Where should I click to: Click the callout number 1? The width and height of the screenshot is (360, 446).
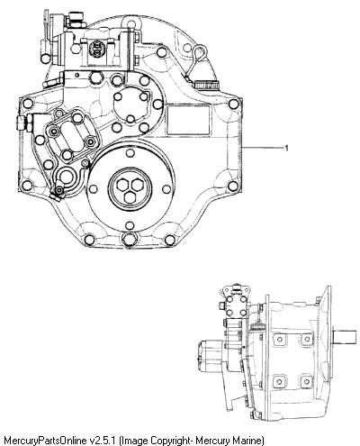pos(286,148)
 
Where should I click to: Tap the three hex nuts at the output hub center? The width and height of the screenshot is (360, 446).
pos(130,189)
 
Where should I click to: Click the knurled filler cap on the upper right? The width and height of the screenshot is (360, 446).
pos(206,85)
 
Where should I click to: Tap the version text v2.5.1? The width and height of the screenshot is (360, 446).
pos(103,441)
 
